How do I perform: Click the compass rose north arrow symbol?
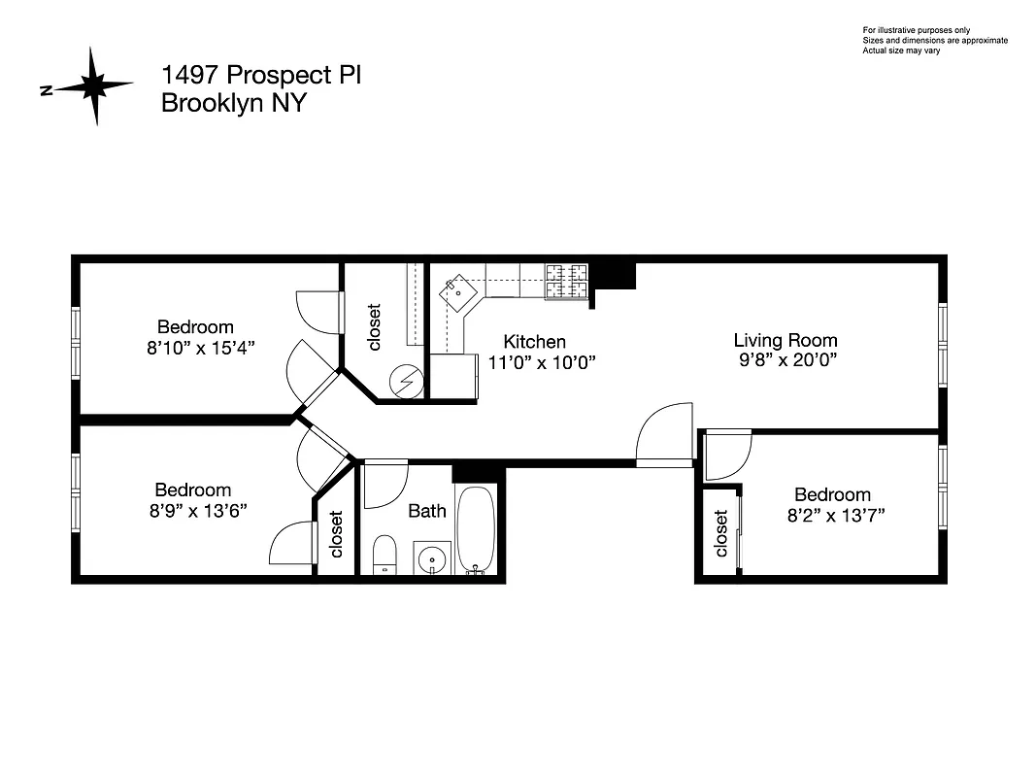(94, 87)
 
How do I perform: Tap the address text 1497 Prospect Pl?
(260, 76)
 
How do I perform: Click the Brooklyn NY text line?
(233, 104)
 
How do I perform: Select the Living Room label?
(785, 340)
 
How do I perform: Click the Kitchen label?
(534, 342)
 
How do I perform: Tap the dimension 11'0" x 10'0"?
(541, 362)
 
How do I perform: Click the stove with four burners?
(566, 281)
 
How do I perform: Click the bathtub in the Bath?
(476, 529)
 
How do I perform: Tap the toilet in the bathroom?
(384, 555)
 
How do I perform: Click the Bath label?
(427, 510)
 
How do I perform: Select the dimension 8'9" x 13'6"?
(192, 511)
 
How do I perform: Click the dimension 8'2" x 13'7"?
(835, 515)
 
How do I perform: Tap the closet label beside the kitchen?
(375, 327)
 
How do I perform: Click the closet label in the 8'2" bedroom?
(721, 533)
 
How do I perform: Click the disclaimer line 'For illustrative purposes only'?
(916, 31)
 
